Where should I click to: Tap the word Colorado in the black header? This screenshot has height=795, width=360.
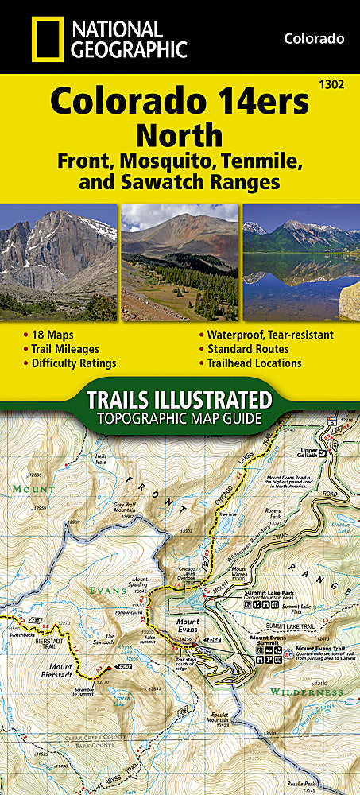click(313, 38)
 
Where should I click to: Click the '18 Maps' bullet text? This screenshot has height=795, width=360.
click(53, 335)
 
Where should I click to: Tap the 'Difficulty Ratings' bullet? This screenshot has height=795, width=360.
click(74, 363)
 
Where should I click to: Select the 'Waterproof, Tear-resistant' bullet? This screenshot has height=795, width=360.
click(270, 335)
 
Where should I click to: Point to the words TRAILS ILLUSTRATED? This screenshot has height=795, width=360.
click(180, 399)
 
